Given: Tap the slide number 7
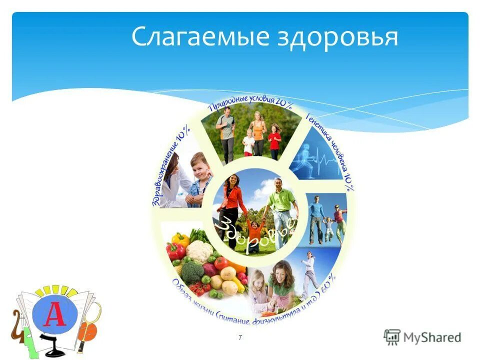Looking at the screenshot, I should coord(240,338).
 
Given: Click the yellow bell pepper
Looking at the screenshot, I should coord(181,240).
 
